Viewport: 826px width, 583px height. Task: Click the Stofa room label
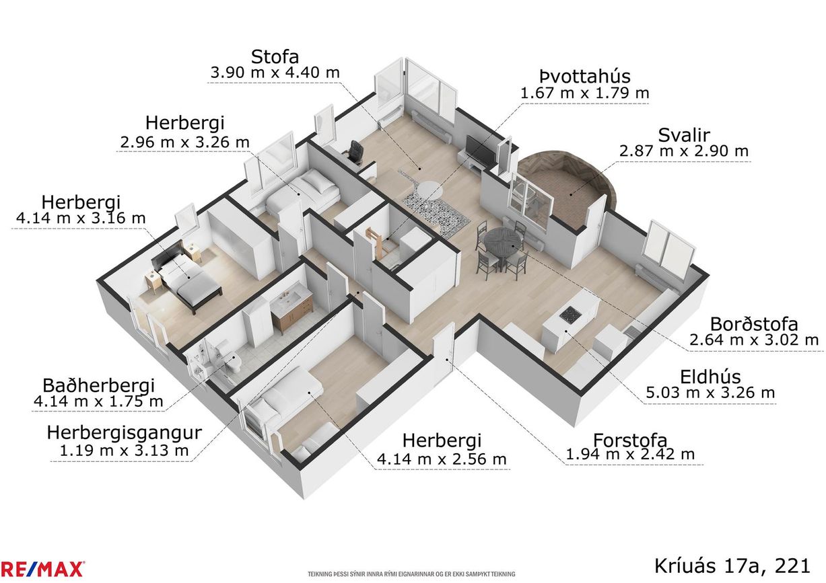tap(275, 57)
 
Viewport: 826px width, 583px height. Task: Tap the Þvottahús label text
tap(585, 77)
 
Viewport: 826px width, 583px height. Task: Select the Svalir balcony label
tap(684, 135)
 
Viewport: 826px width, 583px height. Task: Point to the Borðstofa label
tap(754, 325)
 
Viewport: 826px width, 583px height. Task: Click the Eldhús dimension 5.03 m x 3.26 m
tap(710, 393)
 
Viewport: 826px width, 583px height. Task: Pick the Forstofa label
tap(630, 440)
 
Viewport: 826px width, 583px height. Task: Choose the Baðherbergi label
tap(98, 385)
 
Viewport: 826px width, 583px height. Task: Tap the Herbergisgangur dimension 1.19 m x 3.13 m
tap(124, 451)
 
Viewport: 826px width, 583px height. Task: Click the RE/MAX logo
tap(42, 569)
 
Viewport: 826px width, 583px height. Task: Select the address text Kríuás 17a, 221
tap(732, 566)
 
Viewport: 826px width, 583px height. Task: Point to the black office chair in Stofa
tap(354, 151)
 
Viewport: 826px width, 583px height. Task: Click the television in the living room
tap(481, 150)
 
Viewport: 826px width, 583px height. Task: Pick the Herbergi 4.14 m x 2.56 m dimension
tap(442, 459)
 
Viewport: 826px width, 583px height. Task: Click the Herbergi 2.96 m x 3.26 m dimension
tap(184, 142)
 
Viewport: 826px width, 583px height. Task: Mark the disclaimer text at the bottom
tap(411, 574)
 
